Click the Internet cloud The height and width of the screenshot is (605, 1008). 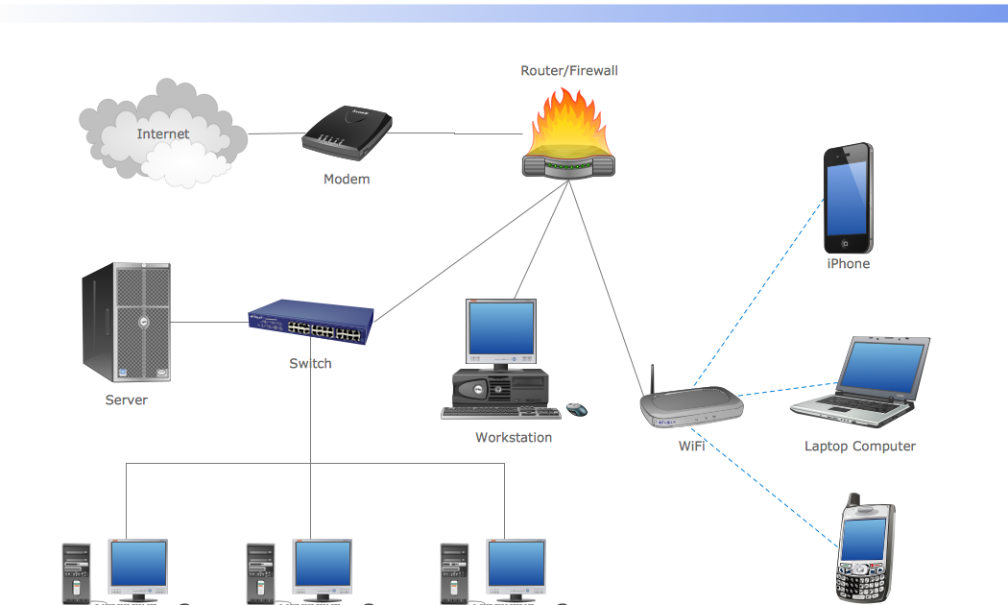pos(163,134)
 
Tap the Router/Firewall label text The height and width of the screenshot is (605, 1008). pos(569,70)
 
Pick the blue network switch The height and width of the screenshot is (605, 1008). pos(310,323)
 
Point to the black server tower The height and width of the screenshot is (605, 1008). pos(126,323)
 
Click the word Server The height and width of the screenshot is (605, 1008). pos(126,399)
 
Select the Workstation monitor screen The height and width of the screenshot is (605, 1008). pos(500,329)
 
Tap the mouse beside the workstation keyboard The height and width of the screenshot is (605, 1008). pos(577,410)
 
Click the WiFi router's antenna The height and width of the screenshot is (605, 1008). pos(652,380)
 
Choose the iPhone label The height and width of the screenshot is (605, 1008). pos(848,263)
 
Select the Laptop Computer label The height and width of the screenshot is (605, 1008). pos(859,446)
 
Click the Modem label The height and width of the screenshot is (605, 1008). pos(346,179)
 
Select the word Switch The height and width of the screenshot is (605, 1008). pos(310,363)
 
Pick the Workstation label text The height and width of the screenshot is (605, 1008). pos(514,437)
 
